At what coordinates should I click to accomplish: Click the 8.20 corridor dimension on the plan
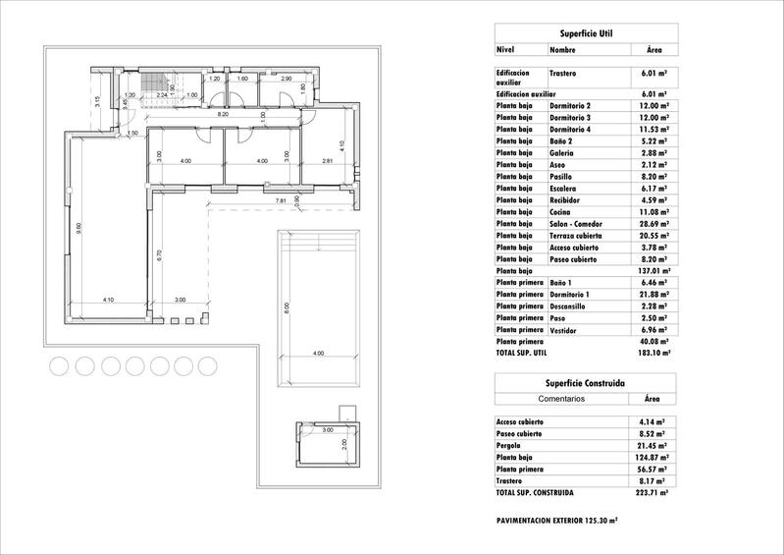(223, 115)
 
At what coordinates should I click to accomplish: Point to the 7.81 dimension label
(282, 200)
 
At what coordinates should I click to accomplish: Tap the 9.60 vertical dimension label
(75, 228)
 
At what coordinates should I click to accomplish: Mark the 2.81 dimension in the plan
(328, 161)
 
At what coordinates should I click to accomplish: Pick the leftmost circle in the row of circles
(58, 365)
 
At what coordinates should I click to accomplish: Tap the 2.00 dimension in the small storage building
(343, 443)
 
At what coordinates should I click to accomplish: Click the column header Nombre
(562, 48)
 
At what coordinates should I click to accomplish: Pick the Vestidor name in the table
(566, 329)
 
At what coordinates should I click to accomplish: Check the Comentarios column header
(562, 400)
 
